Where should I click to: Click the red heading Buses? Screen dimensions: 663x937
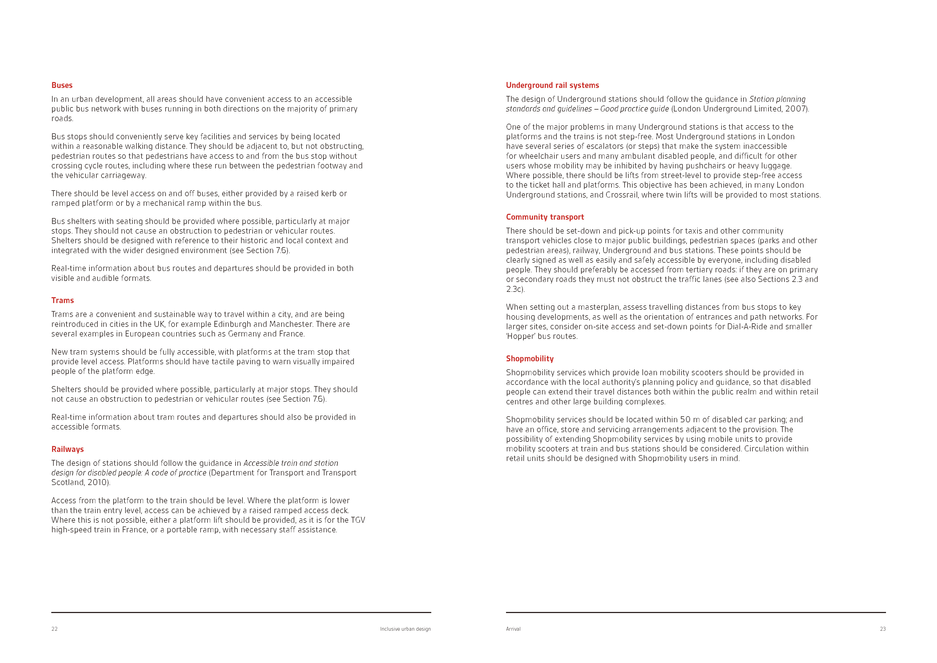(62, 85)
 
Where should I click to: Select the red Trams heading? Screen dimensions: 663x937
(62, 300)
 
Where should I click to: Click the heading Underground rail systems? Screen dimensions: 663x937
(552, 85)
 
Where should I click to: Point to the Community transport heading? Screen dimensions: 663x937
(545, 217)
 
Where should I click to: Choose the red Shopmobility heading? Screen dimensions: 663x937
(530, 358)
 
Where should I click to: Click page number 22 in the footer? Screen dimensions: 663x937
(54, 629)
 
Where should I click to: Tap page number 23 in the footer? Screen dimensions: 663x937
(883, 629)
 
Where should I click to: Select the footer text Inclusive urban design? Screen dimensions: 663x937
(405, 629)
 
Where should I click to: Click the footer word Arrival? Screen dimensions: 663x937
(513, 629)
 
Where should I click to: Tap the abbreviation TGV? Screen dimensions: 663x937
(358, 520)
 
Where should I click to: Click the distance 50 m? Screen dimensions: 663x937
(690, 420)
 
